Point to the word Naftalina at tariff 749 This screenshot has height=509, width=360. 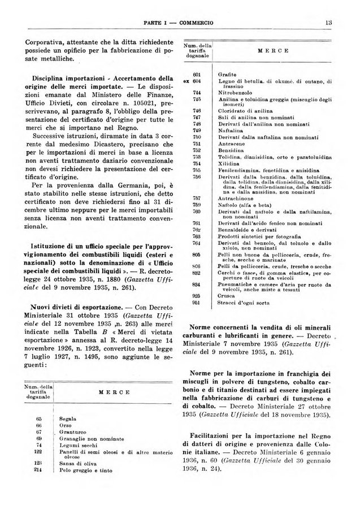pos(229,130)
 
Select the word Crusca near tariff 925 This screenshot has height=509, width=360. pos(225,295)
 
